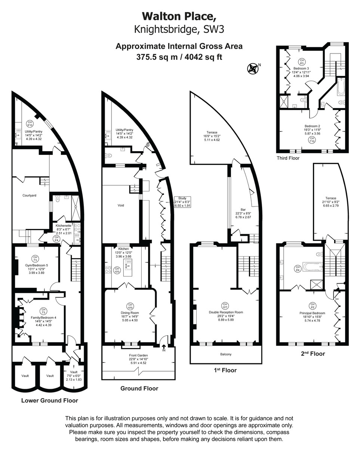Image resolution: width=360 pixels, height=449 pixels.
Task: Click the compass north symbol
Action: pyautogui.click(x=253, y=68)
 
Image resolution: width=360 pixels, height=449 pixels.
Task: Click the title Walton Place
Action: pyautogui.click(x=179, y=16)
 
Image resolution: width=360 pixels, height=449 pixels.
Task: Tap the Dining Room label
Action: pyautogui.click(x=130, y=313)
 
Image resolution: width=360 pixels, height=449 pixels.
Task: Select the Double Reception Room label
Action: pyautogui.click(x=226, y=312)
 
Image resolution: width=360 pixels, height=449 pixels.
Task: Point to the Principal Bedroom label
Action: pyautogui.click(x=312, y=313)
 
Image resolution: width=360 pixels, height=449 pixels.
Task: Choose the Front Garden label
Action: pyautogui.click(x=139, y=355)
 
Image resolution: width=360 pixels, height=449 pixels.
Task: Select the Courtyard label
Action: pyautogui.click(x=30, y=195)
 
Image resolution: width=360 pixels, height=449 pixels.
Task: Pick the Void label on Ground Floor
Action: pyautogui.click(x=121, y=205)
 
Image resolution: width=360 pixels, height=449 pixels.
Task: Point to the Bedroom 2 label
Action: pyautogui.click(x=312, y=126)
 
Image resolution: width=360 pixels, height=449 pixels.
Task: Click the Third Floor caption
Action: pyautogui.click(x=288, y=158)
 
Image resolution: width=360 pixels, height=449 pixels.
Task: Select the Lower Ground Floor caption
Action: pyautogui.click(x=49, y=400)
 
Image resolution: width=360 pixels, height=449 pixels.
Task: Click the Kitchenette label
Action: pyautogui.click(x=64, y=226)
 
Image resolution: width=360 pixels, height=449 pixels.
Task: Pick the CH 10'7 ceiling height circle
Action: pyautogui.click(x=225, y=305)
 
